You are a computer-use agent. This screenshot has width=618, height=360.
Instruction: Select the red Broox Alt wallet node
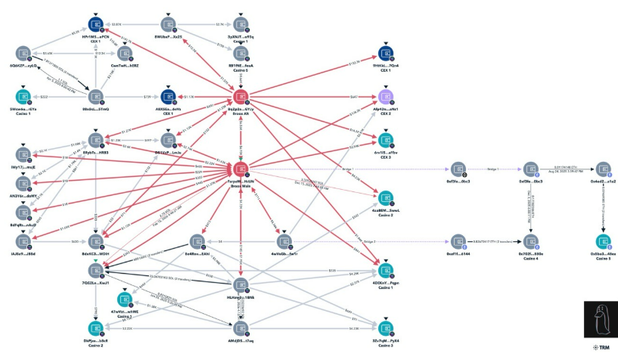tap(241, 96)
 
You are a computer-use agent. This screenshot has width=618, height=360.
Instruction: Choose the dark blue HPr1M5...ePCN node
tap(95, 24)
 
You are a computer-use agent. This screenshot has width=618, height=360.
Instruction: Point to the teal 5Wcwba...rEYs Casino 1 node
tap(23, 97)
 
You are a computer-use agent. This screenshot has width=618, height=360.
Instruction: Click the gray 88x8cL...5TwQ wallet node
tap(95, 97)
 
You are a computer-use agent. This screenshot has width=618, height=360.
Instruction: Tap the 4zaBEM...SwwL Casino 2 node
tap(385, 197)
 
